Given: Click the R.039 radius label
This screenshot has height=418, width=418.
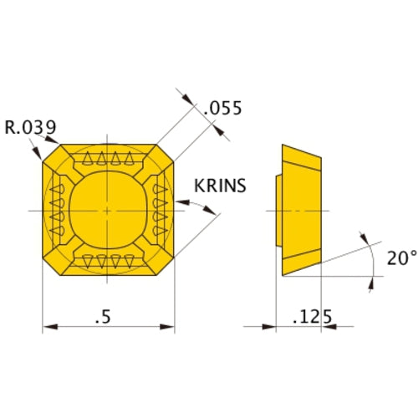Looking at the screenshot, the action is [x=31, y=127].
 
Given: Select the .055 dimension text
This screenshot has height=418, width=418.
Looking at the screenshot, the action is [x=222, y=108].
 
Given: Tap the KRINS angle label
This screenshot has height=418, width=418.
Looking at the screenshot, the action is [x=220, y=186].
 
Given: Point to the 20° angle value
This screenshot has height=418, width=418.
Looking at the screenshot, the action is [x=402, y=257].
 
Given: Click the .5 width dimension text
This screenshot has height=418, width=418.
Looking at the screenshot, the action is [x=103, y=317].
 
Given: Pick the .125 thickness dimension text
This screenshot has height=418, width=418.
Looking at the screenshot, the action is [x=313, y=317].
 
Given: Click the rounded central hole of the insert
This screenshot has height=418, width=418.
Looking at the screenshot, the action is [x=108, y=210].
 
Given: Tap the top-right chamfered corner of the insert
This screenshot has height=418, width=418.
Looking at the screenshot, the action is [x=165, y=153].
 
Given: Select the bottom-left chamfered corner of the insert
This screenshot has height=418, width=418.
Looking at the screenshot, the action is [x=52, y=267].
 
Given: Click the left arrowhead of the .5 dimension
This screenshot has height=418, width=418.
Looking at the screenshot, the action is [x=50, y=327].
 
